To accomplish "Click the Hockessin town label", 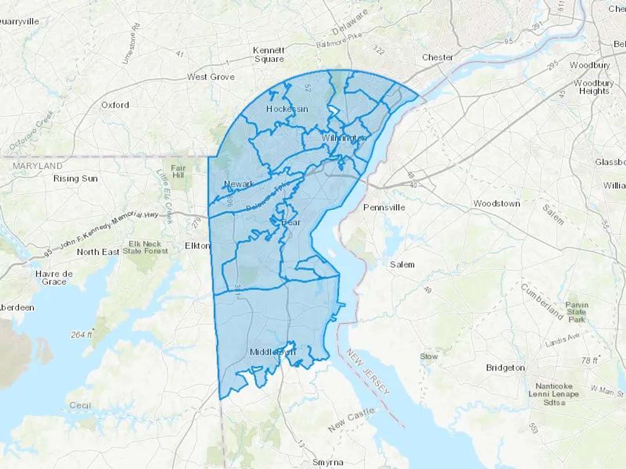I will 287,109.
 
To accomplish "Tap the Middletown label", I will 273,352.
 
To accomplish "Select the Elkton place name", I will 197,246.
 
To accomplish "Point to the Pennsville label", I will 384,207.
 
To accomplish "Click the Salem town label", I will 402,265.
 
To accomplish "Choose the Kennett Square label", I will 269,55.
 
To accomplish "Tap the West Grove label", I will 211,77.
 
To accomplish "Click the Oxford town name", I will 115,105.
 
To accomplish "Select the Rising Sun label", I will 75,179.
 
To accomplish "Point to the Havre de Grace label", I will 54,278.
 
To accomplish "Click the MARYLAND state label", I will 38,166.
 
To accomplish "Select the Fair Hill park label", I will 178,172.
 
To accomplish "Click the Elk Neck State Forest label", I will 145,247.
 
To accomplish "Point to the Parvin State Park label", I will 577,312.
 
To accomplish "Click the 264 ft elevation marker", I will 82,335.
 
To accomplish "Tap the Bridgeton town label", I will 505,368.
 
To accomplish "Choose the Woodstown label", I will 497,204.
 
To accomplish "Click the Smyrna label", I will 328,462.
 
